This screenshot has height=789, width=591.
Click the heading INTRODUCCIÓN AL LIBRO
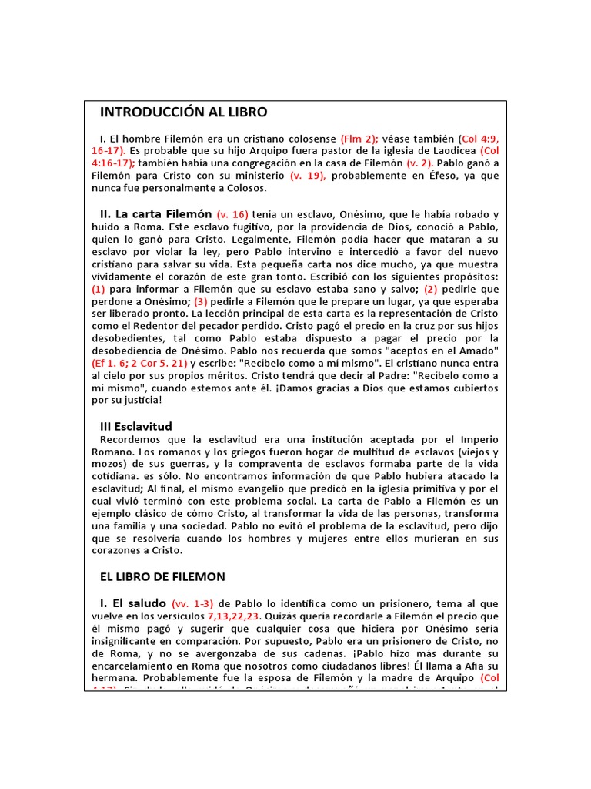(184, 112)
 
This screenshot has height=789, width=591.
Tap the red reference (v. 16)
(233, 213)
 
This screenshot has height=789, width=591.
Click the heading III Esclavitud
(136, 426)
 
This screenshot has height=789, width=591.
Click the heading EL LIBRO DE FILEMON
(162, 576)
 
